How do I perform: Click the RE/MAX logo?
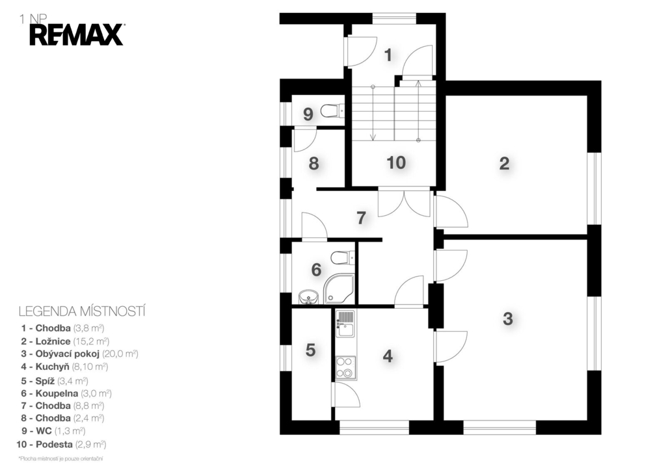coord(77,35)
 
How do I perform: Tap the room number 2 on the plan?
coord(504,163)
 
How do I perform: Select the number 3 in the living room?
coord(507,319)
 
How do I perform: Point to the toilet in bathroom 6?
coord(342,257)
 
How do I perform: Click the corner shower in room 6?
coord(338,289)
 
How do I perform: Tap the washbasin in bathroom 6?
coord(308,297)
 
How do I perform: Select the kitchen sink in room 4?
coord(345,323)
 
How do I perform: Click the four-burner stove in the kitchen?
coord(345,368)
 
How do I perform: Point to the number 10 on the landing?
coord(396,162)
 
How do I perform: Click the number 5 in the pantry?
coord(310,350)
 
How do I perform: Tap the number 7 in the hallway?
coord(361,218)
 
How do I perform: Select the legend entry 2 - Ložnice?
coord(65,341)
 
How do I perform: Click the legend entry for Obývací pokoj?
coord(79,354)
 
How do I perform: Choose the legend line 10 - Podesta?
coord(61,445)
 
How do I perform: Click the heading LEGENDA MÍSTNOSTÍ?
coord(82,311)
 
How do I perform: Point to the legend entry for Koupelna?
coord(66,393)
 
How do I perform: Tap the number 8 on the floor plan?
coord(313,163)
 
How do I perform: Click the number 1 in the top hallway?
coord(388,55)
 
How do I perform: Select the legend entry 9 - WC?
coord(53,431)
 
